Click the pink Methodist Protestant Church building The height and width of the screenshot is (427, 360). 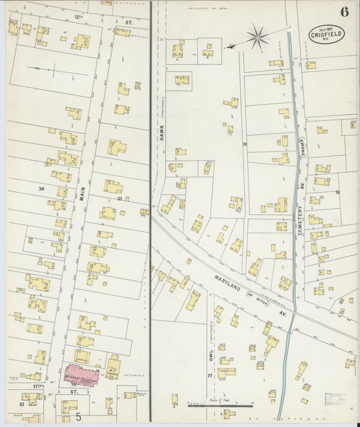coord(81,374)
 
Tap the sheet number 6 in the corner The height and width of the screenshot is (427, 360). coord(344,11)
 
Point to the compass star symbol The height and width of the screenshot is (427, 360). coord(257,37)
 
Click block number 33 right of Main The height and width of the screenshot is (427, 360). coord(120,199)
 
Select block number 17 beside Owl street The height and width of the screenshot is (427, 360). coord(210,376)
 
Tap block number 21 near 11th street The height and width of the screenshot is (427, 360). coord(22,404)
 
